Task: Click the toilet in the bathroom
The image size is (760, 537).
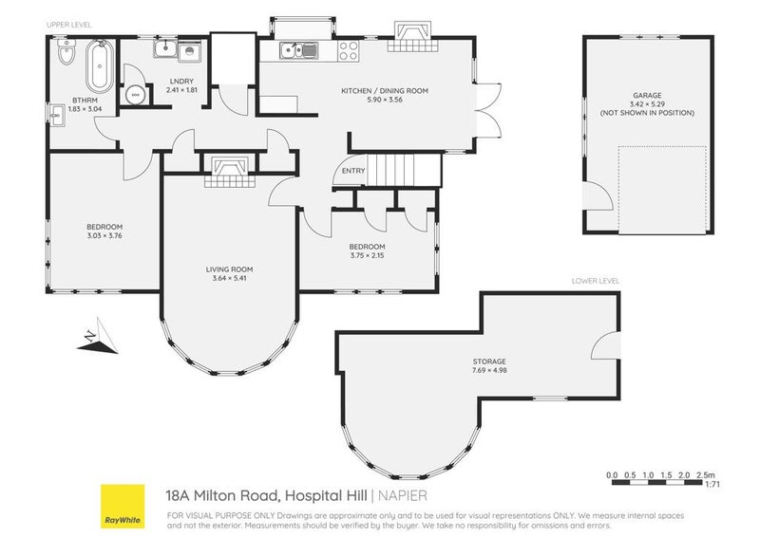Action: [64, 57]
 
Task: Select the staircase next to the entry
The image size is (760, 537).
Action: [405, 172]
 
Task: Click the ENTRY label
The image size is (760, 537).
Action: [353, 171]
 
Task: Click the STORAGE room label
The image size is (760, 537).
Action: [490, 361]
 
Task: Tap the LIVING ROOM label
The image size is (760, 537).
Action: [229, 269]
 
